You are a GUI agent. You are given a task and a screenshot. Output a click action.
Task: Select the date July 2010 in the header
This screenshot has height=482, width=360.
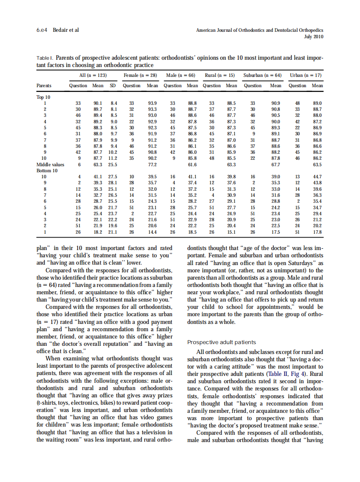(314, 37)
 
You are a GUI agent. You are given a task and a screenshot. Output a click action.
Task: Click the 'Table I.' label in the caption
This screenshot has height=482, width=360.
(45, 58)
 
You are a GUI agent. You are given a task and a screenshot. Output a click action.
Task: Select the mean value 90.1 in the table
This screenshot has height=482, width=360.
(98, 104)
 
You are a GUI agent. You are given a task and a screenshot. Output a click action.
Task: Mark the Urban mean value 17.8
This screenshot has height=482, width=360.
(317, 232)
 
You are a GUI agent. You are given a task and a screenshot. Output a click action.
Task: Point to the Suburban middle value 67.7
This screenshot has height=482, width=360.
(275, 164)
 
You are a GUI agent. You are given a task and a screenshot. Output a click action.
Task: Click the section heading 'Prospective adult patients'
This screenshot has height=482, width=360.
(222, 342)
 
